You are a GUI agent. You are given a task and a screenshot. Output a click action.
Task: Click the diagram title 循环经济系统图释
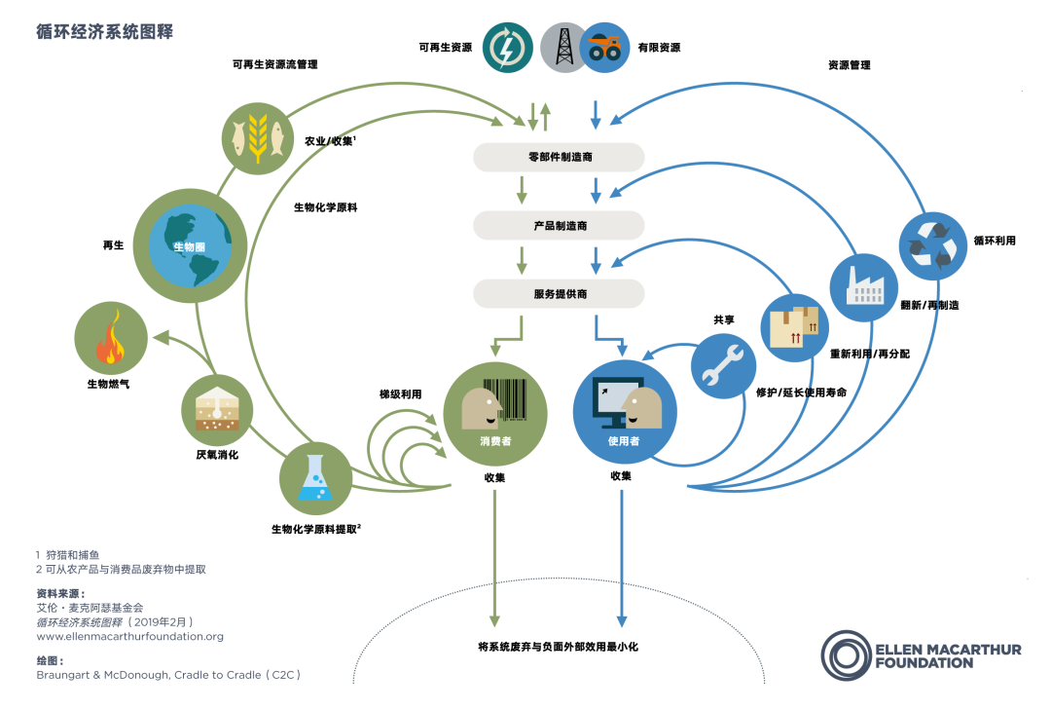pos(104,31)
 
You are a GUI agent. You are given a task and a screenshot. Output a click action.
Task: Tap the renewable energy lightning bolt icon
pos(507,48)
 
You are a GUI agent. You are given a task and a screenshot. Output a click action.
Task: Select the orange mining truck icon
pos(605,48)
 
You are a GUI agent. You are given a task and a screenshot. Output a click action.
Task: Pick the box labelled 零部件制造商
pos(559,157)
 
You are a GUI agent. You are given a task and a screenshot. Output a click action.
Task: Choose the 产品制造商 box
pos(559,226)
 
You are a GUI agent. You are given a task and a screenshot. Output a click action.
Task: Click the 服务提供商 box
pos(559,294)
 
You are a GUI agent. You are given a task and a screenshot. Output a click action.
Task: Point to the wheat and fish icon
pos(257,138)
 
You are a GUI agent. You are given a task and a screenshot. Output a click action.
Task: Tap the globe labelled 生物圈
pos(190,245)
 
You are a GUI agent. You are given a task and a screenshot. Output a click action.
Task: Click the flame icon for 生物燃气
pos(111,338)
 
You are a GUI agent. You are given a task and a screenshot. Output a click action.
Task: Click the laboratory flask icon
pos(315,478)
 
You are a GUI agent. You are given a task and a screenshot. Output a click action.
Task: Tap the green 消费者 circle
pos(495,415)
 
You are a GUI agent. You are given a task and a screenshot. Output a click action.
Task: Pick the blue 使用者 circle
pos(624,412)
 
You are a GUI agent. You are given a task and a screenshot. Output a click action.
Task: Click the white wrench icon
pos(723,366)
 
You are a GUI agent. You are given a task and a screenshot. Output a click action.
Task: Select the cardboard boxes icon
pos(794,327)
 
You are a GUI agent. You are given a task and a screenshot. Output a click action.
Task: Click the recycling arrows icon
pos(932,246)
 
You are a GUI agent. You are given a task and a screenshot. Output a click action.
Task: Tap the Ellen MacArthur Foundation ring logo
pos(847,655)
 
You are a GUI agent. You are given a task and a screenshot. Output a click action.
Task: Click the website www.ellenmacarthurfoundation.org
pos(130,636)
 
